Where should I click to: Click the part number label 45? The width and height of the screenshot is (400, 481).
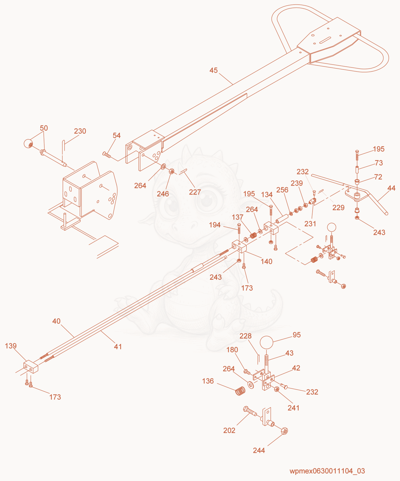coord(213,70)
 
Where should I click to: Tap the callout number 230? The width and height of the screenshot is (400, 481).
coord(80,131)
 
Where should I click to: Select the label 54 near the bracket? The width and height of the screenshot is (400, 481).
coord(117,136)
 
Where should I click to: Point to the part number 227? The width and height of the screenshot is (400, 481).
coord(195,192)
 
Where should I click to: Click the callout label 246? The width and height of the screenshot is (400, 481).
coord(163,194)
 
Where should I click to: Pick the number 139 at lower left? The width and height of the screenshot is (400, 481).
coord(11,346)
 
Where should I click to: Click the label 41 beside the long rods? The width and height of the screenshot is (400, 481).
coord(118,347)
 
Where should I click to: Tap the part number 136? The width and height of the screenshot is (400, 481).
coord(208,381)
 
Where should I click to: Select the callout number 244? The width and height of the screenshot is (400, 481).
coord(259,450)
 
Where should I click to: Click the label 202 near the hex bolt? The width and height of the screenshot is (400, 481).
coord(229,430)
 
